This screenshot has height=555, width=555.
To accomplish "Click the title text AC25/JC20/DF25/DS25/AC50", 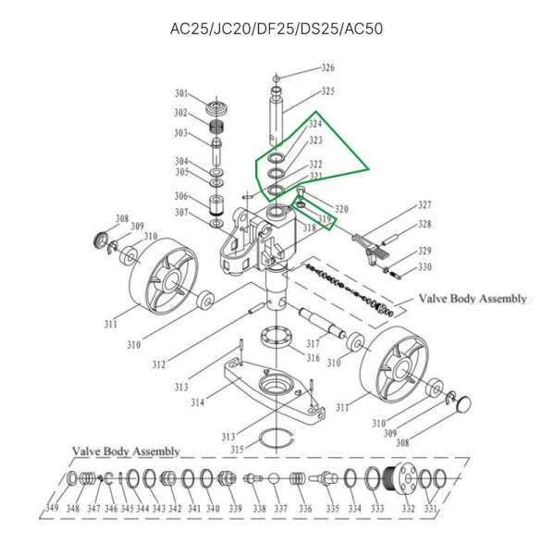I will click(277, 28).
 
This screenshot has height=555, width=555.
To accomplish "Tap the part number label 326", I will click(327, 68).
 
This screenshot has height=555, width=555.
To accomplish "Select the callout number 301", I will click(181, 93).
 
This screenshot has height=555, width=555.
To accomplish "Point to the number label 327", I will click(425, 205).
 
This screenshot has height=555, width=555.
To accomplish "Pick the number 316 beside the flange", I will click(314, 358).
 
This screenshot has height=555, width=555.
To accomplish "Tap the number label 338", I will click(259, 510).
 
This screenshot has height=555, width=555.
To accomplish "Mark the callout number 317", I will click(314, 344).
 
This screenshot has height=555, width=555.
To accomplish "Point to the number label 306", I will click(181, 196).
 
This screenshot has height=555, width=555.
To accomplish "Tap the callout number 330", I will click(425, 267).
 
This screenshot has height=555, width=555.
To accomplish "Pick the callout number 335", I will click(329, 510).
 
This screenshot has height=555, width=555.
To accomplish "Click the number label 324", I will click(315, 124).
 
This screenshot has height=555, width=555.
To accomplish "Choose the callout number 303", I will click(181, 133).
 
